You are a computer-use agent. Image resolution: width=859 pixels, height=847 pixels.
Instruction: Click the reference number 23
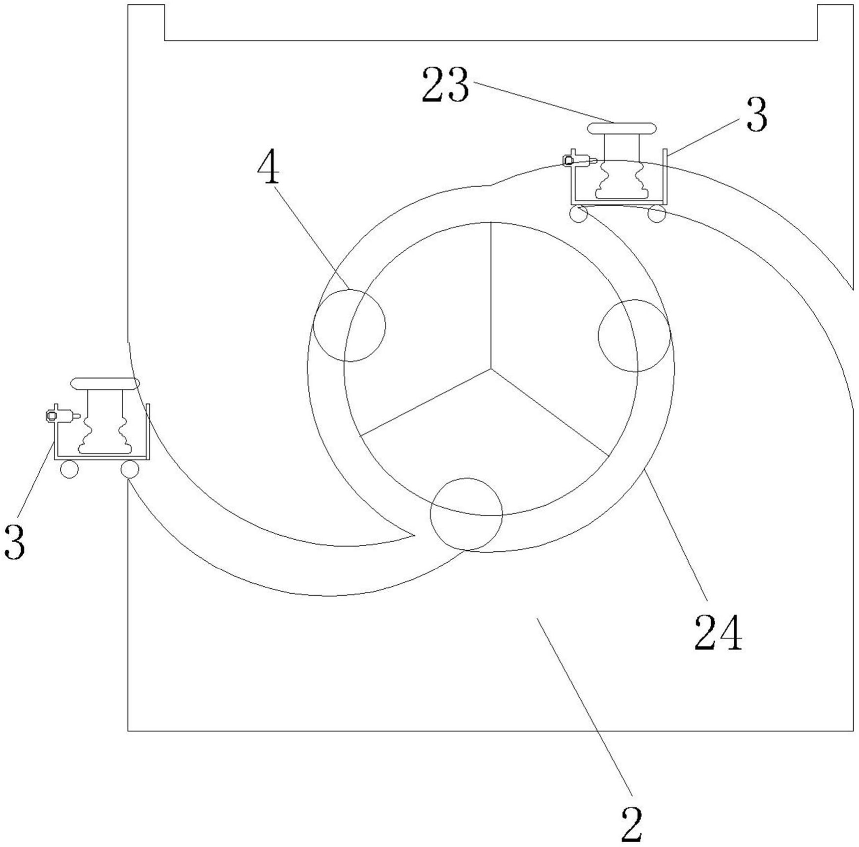pyautogui.click(x=445, y=85)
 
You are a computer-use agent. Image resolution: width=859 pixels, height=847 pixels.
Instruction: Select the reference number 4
pyautogui.click(x=268, y=168)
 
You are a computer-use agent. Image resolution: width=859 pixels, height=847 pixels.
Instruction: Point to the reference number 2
pyautogui.click(x=632, y=824)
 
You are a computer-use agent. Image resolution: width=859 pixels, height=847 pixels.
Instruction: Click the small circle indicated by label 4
pyautogui.click(x=349, y=325)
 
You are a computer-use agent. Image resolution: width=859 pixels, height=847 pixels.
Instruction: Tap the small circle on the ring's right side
pyautogui.click(x=634, y=336)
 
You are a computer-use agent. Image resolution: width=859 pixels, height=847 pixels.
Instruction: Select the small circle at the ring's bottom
pyautogui.click(x=466, y=514)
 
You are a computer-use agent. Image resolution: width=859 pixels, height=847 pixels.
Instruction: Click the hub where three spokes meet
pyautogui.click(x=490, y=368)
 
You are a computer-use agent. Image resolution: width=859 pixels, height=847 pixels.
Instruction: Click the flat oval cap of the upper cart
pyautogui.click(x=622, y=129)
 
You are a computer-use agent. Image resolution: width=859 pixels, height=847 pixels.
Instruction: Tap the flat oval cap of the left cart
pyautogui.click(x=105, y=383)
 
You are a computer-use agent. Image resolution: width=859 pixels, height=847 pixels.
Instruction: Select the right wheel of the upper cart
pyautogui.click(x=656, y=214)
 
